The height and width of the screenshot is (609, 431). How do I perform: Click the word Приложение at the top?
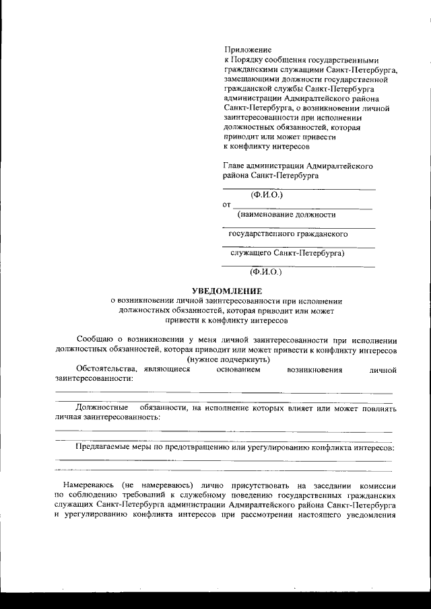point(246,50)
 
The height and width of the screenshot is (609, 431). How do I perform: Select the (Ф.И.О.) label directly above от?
point(266,195)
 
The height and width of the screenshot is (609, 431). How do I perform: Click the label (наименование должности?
point(286,215)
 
